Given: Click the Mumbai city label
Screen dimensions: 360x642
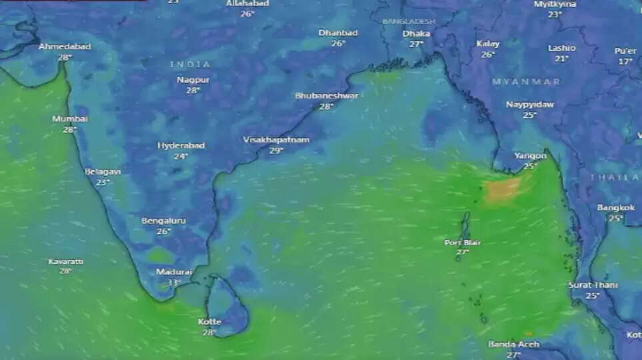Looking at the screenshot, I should (70, 119).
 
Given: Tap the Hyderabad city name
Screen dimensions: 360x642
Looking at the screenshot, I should (181, 145).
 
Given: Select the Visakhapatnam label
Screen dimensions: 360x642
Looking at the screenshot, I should (276, 140).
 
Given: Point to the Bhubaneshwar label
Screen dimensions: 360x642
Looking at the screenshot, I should (326, 96).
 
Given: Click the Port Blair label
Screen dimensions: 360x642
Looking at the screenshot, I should (463, 243).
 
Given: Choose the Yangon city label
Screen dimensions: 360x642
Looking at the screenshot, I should (530, 156).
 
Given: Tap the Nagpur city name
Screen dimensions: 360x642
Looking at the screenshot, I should (193, 79).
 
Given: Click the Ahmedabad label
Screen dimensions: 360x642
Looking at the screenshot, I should (65, 47).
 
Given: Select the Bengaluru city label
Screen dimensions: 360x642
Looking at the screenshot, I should (163, 221).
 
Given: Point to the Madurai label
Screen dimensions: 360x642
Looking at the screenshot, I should (174, 272).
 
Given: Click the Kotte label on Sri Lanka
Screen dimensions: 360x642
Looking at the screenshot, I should (209, 322).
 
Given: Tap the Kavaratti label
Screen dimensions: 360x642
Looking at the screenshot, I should (65, 262).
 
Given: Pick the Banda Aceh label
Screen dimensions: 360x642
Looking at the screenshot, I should (513, 345).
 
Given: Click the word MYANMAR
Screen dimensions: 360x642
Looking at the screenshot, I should (526, 81).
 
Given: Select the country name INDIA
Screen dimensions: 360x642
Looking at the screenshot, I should (190, 64).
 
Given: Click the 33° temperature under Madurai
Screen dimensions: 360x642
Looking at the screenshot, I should (174, 283).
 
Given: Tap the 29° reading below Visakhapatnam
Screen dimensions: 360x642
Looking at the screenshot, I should (276, 151).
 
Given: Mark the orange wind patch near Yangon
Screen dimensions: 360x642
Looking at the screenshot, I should (503, 189).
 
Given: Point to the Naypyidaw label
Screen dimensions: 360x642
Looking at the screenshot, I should (530, 105).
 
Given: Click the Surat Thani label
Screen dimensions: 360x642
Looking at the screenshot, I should (593, 285).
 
